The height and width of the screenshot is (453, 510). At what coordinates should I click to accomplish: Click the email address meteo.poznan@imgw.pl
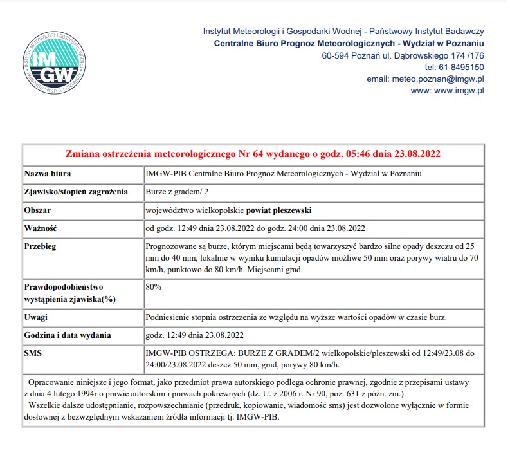437,79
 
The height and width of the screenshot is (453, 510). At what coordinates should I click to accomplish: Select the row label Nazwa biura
48,174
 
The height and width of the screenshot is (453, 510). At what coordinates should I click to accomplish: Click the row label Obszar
37,210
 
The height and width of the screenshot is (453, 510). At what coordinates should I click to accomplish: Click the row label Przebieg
41,246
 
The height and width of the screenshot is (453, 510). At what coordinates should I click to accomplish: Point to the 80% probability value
154,286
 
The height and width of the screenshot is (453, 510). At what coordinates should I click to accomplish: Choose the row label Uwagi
35,317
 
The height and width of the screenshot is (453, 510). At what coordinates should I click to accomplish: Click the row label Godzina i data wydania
68,335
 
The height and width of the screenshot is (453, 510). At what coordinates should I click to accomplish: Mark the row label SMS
33,353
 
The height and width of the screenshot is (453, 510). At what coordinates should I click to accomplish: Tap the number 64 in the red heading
247,154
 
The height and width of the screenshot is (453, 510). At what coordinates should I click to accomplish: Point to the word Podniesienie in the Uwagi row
169,317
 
